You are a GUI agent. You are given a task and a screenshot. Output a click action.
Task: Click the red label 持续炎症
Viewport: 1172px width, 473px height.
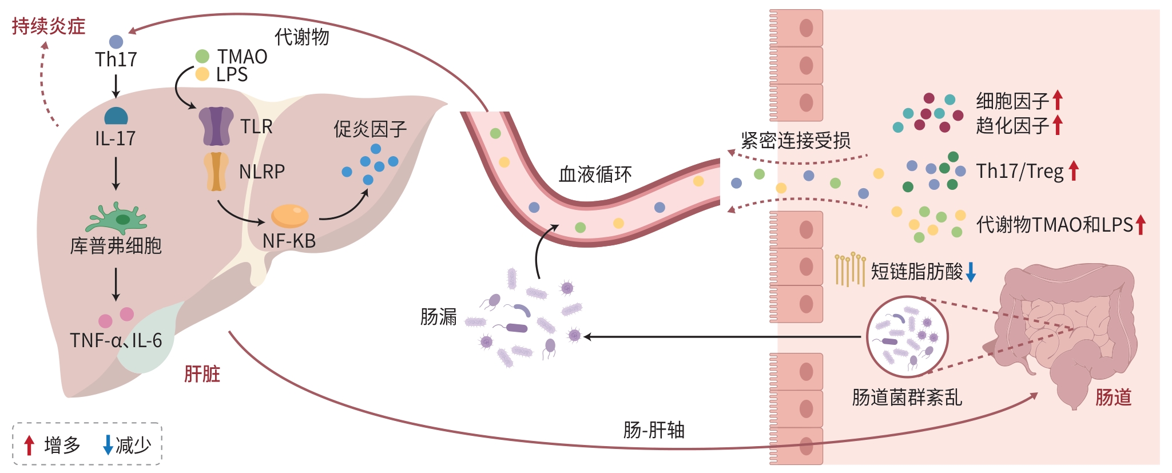[x=49, y=26]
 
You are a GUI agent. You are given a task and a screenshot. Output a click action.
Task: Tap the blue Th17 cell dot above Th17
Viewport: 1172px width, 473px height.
[x=116, y=42]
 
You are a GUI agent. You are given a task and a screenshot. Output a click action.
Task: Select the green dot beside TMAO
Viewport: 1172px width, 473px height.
[x=202, y=56]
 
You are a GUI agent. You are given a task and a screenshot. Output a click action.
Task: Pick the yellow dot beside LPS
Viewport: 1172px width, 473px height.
[x=202, y=74]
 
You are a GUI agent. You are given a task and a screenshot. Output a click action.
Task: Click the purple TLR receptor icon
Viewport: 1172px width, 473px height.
[x=216, y=126]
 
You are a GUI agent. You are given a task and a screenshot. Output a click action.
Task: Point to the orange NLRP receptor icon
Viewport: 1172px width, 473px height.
[x=216, y=171]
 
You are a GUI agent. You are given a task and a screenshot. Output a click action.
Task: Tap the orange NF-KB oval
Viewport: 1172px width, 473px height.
[x=289, y=216]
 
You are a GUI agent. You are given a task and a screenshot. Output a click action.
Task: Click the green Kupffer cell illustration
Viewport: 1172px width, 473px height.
[x=117, y=218]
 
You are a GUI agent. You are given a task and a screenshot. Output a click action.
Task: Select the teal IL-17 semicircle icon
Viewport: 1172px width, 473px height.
[x=116, y=116]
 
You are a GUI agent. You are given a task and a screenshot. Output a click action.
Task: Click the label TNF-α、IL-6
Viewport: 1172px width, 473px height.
[x=116, y=341]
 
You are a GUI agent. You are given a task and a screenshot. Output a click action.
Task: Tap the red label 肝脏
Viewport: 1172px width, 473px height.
[x=202, y=374]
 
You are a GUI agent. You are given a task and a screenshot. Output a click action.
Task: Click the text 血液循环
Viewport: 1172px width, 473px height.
[x=595, y=174]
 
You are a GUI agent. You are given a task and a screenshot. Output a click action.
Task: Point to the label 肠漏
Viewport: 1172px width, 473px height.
[x=438, y=316]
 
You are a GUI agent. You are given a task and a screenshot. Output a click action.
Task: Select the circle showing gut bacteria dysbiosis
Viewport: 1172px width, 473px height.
[x=907, y=336]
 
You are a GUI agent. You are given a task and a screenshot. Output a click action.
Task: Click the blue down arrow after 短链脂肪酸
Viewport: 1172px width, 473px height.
[x=971, y=272]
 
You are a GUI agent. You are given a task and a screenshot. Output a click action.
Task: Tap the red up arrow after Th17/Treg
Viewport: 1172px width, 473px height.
[x=1074, y=171]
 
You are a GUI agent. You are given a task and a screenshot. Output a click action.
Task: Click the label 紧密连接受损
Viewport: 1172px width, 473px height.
[x=795, y=140]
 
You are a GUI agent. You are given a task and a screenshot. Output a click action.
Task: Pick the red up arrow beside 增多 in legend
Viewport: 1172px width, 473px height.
[x=29, y=445]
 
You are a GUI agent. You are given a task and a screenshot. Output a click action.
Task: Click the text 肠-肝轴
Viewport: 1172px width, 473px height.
[x=654, y=430]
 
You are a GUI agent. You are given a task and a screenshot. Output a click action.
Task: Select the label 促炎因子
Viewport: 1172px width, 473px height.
[x=370, y=129]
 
